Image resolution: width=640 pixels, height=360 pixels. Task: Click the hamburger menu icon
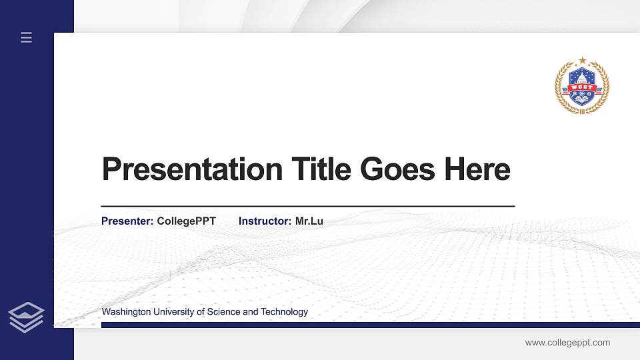click(27, 38)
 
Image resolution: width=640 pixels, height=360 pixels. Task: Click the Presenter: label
click(127, 221)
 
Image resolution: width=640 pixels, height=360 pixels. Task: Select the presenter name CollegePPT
click(186, 221)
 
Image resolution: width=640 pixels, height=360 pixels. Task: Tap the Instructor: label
click(265, 221)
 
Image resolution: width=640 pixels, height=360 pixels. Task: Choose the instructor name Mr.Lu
click(309, 221)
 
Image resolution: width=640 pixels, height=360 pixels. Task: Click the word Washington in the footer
click(126, 312)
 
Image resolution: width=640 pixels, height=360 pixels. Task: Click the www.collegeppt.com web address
click(567, 343)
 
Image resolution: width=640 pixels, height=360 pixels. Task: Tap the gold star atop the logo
click(583, 61)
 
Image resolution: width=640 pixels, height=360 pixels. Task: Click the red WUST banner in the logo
click(582, 87)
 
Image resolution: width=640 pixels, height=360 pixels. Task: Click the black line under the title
click(307, 207)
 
